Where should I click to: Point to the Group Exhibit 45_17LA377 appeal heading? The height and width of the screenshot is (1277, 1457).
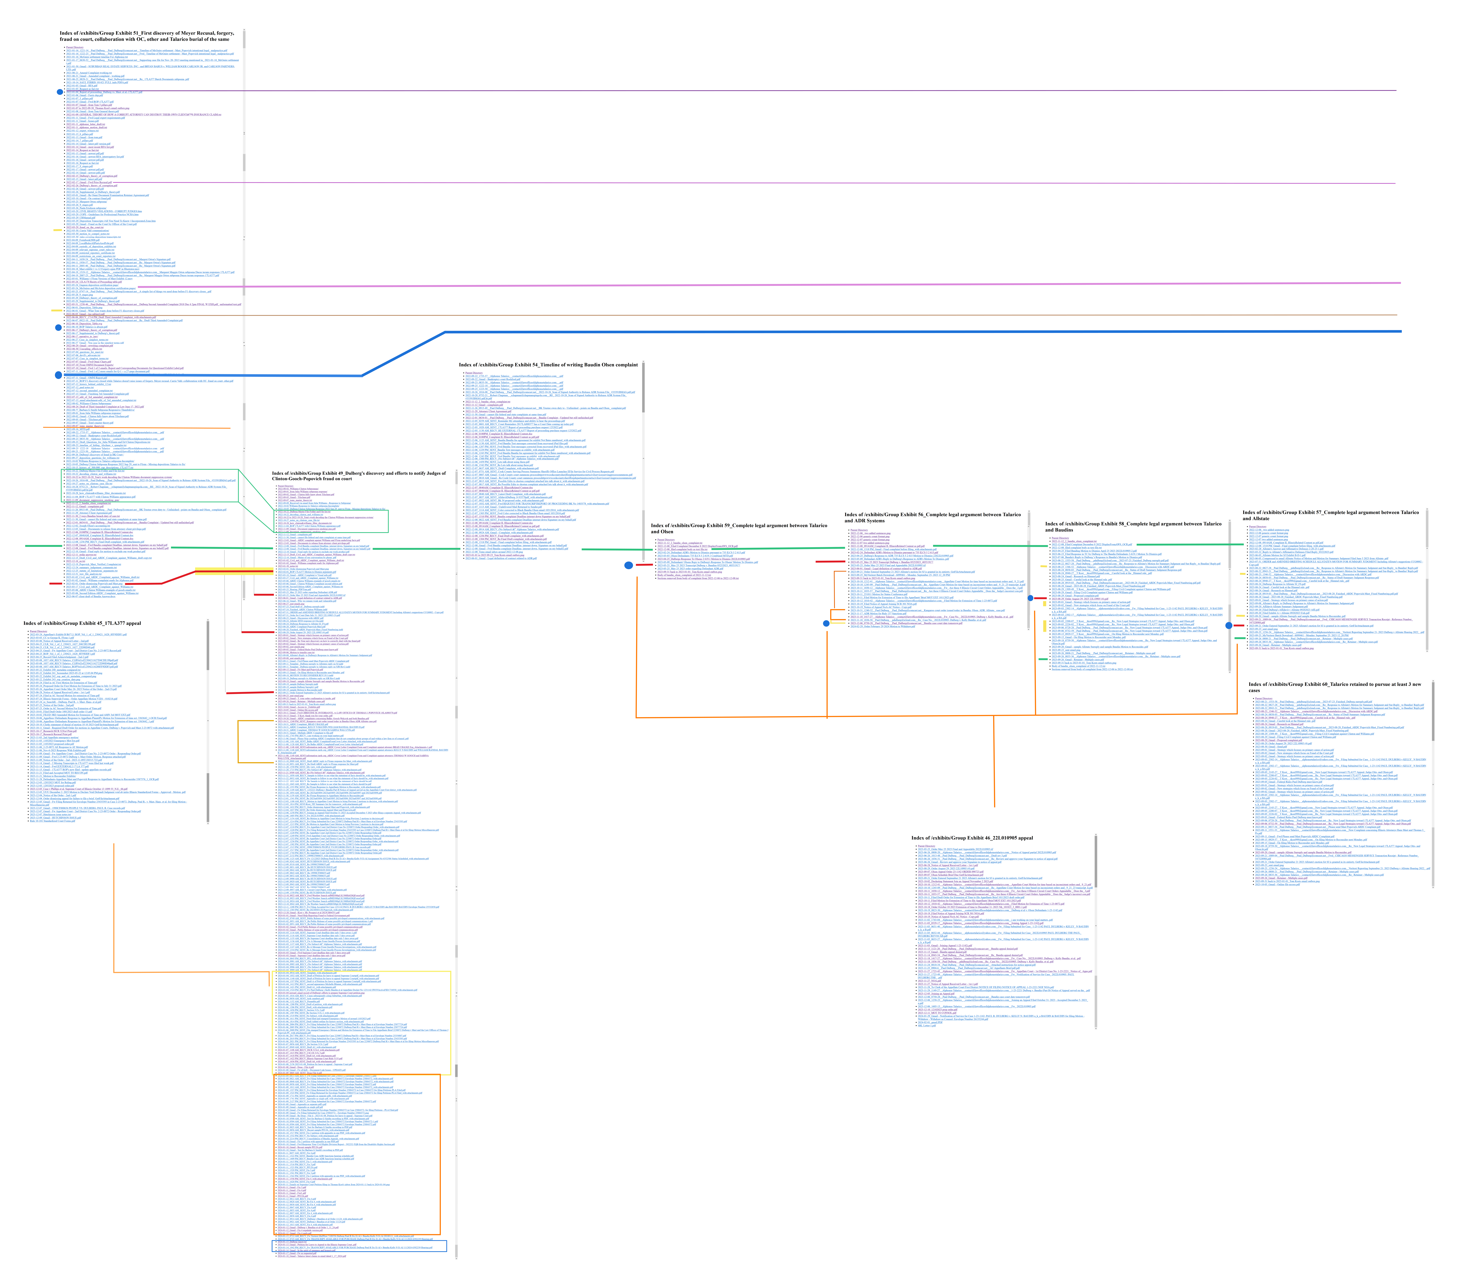(82, 623)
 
